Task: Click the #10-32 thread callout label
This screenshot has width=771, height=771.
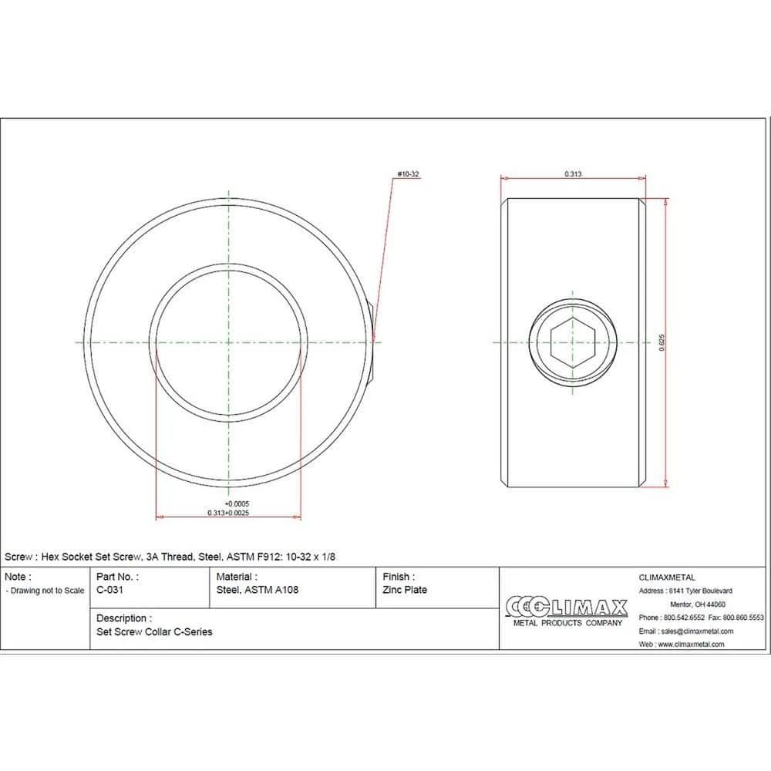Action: tap(408, 174)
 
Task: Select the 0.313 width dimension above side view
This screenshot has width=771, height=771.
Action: tap(573, 173)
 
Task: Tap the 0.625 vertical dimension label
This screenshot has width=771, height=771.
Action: tap(662, 343)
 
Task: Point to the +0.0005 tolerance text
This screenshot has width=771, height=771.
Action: tap(237, 503)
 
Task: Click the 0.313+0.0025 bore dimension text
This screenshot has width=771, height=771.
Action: tap(228, 513)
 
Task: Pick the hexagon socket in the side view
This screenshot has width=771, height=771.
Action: tap(573, 343)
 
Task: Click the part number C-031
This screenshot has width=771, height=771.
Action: tap(109, 590)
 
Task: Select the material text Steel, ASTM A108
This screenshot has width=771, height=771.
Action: tap(258, 590)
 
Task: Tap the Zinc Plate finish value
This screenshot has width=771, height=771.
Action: tap(405, 590)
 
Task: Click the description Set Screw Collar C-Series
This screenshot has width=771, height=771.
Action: tap(154, 632)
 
